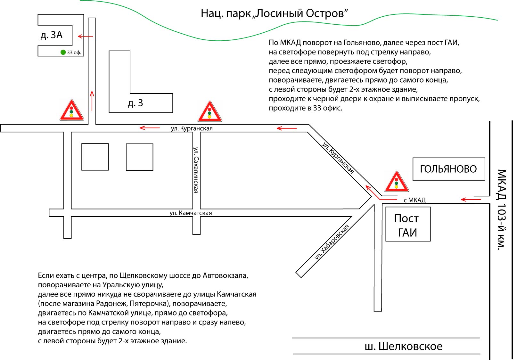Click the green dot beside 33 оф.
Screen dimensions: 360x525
pyautogui.click(x=63, y=52)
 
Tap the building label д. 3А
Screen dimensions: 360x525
pyautogui.click(x=52, y=35)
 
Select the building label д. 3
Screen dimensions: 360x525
pyautogui.click(x=135, y=103)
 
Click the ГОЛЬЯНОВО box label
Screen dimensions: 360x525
pyautogui.click(x=448, y=169)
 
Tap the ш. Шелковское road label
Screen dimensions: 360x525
pyautogui.click(x=404, y=346)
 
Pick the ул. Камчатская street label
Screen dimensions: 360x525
pyautogui.click(x=191, y=213)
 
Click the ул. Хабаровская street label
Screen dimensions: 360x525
pyautogui.click(x=331, y=242)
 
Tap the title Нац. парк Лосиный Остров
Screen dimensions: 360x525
pyautogui.click(x=274, y=13)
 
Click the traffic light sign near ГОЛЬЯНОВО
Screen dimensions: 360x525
pyautogui.click(x=397, y=182)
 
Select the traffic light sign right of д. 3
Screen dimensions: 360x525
pyautogui.click(x=210, y=112)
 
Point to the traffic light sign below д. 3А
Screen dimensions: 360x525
pyautogui.click(x=71, y=111)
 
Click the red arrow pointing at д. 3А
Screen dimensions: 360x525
pyautogui.click(x=86, y=37)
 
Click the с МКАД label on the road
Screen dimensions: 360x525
pyautogui.click(x=414, y=200)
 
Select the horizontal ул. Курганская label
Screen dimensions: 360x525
pyautogui.click(x=192, y=128)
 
